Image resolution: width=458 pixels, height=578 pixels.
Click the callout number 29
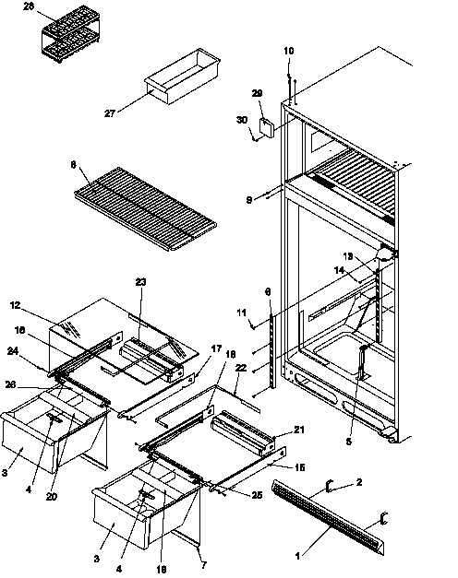click(257, 94)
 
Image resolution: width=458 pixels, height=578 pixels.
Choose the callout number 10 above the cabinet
click(289, 50)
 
